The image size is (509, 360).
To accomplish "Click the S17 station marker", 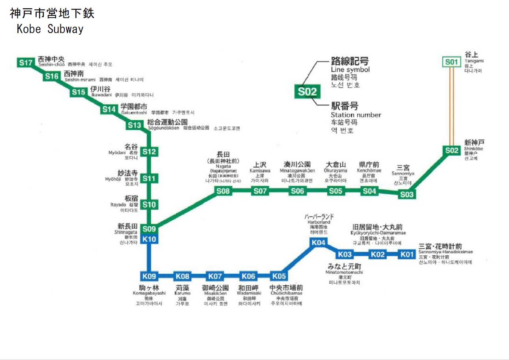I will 25,62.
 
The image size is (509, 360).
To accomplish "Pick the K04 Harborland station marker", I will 319,243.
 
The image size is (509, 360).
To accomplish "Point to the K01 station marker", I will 408,254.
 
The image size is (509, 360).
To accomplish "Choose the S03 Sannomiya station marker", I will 407,194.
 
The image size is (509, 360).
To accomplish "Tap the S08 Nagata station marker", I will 223,191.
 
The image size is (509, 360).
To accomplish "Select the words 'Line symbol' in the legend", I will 350,70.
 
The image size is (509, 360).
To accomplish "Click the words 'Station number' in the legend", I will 356,115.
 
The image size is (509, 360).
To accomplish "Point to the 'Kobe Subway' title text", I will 50,29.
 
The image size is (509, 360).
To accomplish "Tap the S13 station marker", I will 134,126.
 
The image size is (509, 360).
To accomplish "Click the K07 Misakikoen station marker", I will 216,276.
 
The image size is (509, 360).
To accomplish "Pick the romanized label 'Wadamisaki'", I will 249,294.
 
